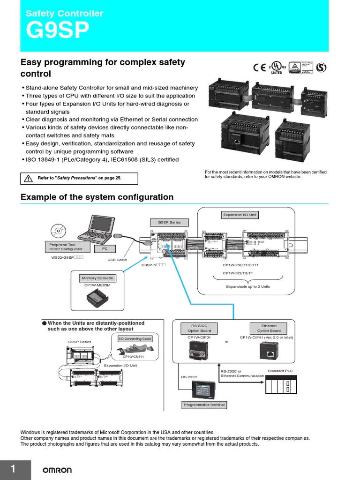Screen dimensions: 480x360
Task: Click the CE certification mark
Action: click(x=260, y=67)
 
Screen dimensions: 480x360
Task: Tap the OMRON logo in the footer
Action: click(x=57, y=470)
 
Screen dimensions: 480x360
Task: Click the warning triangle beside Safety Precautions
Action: click(x=28, y=178)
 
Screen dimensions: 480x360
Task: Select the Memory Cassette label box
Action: click(x=97, y=278)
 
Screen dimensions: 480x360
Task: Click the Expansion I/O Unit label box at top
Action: click(x=240, y=215)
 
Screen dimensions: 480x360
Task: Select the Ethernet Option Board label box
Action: click(x=269, y=328)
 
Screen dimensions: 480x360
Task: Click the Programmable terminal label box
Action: click(x=204, y=405)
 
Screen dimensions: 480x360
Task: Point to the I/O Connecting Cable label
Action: click(x=135, y=338)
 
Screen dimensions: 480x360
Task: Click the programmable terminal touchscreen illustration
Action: click(x=203, y=389)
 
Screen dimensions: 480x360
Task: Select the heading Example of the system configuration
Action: click(x=97, y=197)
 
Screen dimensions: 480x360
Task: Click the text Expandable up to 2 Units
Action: click(x=248, y=286)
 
